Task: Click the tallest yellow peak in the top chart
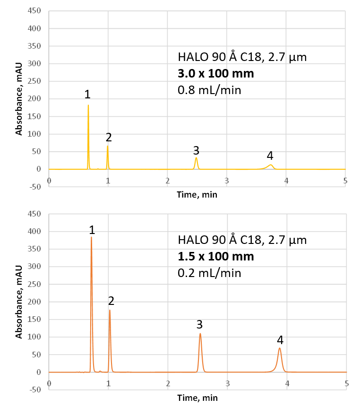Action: [x=88, y=106]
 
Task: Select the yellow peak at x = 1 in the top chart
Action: [x=108, y=147]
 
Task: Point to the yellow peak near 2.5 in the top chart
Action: [x=197, y=158]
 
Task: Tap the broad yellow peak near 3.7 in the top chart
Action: [x=271, y=165]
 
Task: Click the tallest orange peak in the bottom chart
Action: [x=92, y=237]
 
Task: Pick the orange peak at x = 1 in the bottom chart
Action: [x=110, y=311]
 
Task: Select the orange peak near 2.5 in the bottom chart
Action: [x=200, y=334]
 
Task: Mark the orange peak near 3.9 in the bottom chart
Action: [x=280, y=349]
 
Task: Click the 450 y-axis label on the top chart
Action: [x=35, y=11]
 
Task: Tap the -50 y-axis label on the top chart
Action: [x=35, y=186]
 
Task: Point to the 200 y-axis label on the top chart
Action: [x=35, y=99]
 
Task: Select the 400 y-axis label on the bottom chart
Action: [x=35, y=232]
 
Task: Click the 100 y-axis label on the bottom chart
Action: [x=35, y=337]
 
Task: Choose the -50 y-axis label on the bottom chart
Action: [x=35, y=390]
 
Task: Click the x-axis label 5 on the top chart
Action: [x=345, y=181]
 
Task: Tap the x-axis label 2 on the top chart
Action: [x=167, y=181]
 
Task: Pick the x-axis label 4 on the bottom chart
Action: [x=287, y=384]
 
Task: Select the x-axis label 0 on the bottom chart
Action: [x=49, y=384]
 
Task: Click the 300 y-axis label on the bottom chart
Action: [x=35, y=267]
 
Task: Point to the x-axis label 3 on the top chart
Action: [x=227, y=181]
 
